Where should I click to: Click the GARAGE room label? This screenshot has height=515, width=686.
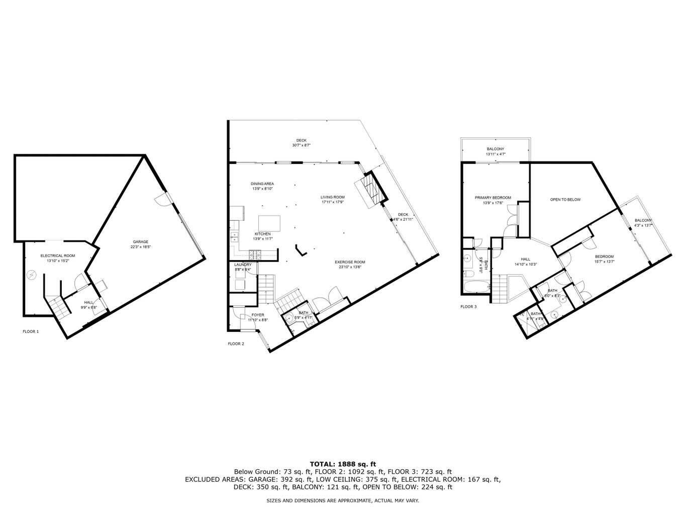point(140,242)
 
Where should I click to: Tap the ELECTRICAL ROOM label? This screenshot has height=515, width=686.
point(58,256)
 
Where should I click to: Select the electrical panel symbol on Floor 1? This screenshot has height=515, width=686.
point(33,275)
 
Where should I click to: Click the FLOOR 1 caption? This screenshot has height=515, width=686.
point(31,331)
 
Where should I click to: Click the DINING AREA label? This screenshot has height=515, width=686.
point(262,184)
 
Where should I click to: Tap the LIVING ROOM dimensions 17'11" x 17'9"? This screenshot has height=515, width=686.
point(332,202)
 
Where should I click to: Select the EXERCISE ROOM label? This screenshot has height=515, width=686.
point(350,262)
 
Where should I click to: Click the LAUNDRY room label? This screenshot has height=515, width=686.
point(243,265)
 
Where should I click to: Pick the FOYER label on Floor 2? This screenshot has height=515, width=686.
point(258,315)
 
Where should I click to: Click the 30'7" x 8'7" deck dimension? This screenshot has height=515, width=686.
point(301,145)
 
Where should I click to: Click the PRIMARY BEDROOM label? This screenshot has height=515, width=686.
point(493,198)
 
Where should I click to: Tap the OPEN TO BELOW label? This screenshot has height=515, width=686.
point(565,200)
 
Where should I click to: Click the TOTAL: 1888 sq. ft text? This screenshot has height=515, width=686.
point(343,464)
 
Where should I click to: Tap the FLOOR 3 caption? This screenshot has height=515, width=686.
point(468,306)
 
